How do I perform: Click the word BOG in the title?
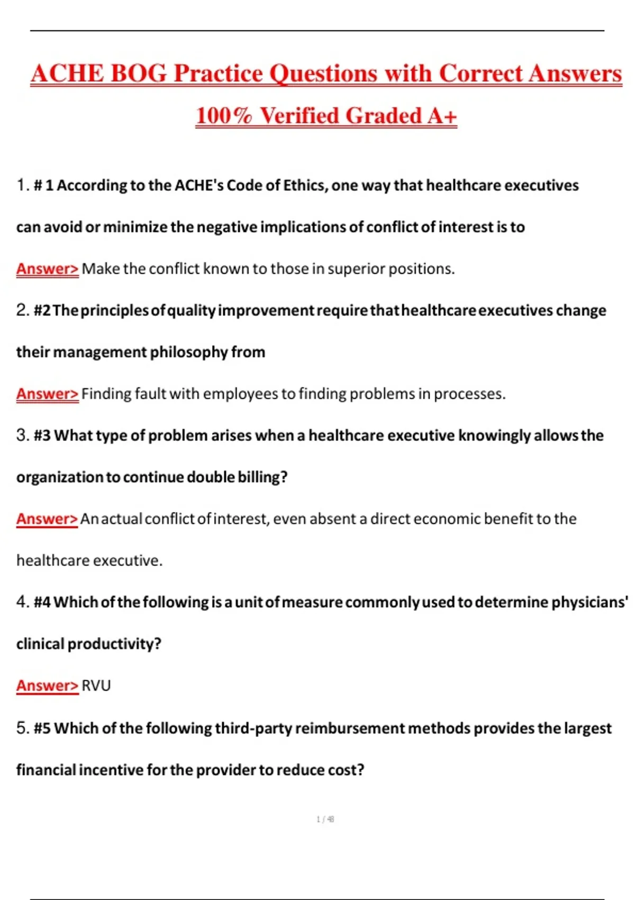coord(138,73)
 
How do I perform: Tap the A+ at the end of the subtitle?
coord(442,115)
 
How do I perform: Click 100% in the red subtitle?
coord(223,115)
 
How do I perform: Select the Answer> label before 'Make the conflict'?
coord(47,269)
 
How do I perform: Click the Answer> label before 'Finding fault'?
coord(47,394)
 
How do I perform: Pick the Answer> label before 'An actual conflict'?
coord(47,519)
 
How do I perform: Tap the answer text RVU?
coord(96,686)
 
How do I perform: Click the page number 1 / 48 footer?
coord(325,820)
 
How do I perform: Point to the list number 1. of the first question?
coord(23,185)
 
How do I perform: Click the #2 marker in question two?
coord(42,310)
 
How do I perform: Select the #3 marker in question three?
coord(42,435)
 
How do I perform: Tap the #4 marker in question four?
coord(42,602)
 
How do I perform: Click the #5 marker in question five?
coord(42,728)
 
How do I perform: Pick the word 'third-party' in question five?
coord(253,728)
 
